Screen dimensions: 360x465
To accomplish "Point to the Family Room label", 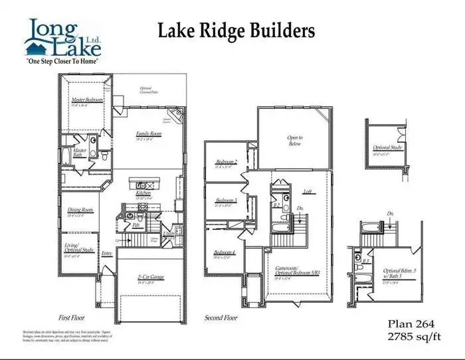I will pyautogui.click(x=149, y=134).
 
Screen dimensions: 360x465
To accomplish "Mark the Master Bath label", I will pyautogui.click(x=80, y=153).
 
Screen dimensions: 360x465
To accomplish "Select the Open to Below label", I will pyautogui.click(x=294, y=141).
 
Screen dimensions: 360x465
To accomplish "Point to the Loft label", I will pyautogui.click(x=308, y=191).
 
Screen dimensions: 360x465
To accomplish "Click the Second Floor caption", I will pyautogui.click(x=221, y=317).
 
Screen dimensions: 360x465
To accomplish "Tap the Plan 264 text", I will pyautogui.click(x=411, y=323).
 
